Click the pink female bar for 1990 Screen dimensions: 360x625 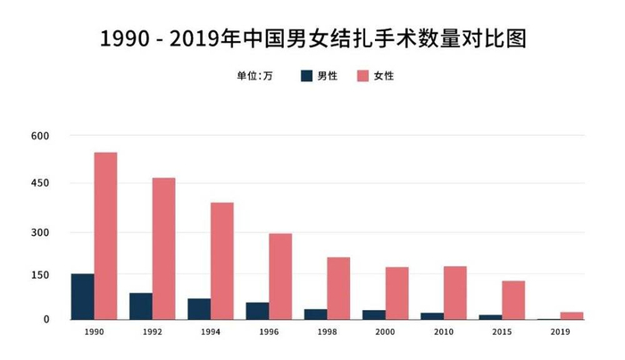point(105,235)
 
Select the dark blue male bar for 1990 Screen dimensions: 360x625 point(82,296)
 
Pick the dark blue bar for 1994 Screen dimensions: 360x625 point(198,308)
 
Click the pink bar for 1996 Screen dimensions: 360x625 point(280,276)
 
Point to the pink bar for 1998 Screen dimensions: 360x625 point(338,288)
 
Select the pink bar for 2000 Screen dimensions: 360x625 point(396,293)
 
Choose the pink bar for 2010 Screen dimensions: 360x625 point(454,292)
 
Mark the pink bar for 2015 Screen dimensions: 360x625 point(513,299)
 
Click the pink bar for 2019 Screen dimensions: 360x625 point(571,315)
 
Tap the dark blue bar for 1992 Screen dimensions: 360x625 point(140,306)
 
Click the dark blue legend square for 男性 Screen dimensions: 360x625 point(306,76)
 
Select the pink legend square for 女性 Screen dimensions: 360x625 point(363,76)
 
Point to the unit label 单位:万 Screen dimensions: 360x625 point(254,76)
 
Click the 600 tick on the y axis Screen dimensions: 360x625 point(40,136)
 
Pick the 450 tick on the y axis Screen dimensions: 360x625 point(40,184)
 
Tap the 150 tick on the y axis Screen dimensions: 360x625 point(40,276)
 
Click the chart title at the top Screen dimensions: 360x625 point(312,39)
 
